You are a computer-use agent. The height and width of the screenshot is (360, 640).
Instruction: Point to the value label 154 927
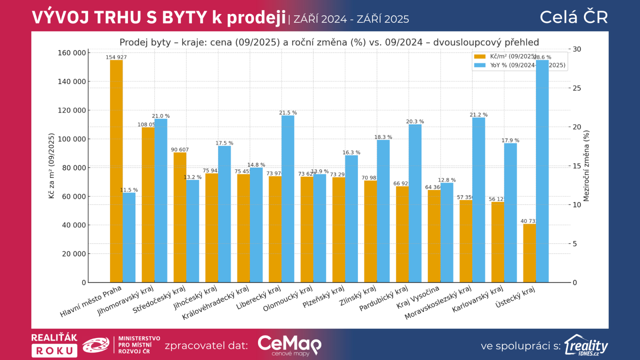116,57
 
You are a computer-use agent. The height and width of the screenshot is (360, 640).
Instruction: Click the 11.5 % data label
129,190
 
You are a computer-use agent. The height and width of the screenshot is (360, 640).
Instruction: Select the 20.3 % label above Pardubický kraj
415,122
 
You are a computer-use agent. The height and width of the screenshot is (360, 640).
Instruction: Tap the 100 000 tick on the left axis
72,139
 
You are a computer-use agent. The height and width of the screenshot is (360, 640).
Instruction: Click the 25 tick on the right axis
577,88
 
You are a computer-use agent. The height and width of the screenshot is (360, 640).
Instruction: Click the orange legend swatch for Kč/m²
480,56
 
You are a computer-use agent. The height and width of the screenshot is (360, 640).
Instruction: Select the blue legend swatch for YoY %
480,65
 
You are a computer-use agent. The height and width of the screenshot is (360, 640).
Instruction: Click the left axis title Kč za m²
51,166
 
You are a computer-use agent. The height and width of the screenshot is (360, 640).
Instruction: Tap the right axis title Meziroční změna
586,166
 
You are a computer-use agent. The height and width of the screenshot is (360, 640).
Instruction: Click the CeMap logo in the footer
289,345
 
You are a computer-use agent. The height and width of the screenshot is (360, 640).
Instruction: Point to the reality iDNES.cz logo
586,345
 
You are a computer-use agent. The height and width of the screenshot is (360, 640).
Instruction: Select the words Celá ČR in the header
574,17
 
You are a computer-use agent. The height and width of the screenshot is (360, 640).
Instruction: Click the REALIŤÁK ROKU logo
54,345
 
